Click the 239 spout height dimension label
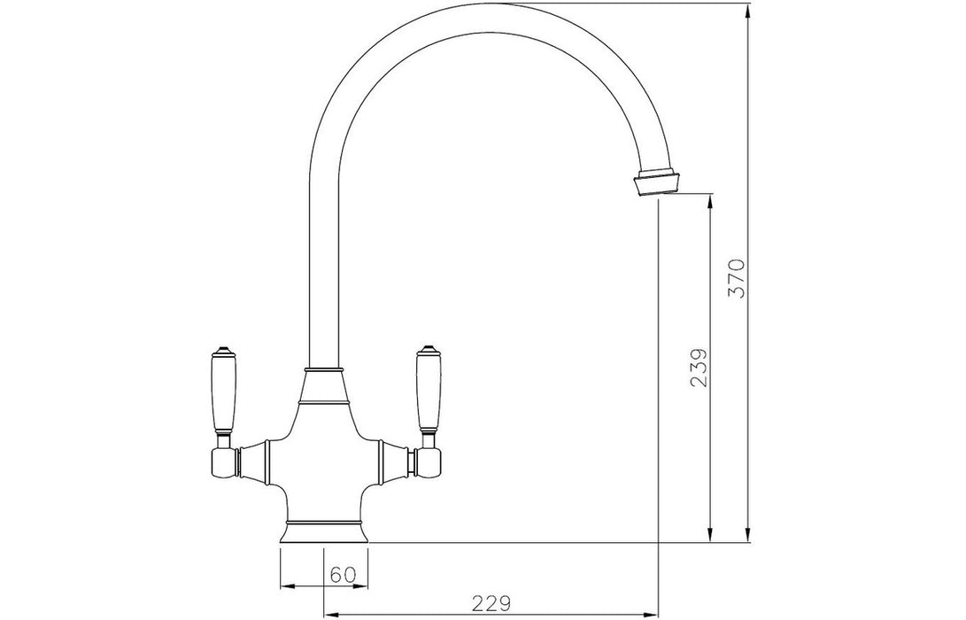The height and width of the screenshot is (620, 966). coord(699,368)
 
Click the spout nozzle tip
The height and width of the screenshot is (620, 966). coord(657,182)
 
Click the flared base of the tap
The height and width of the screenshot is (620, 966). coord(323,531)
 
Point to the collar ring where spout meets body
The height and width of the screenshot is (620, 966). coord(323,368)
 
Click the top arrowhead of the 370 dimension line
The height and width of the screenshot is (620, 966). coord(749,14)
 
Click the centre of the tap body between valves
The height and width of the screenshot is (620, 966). coord(323,461)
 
